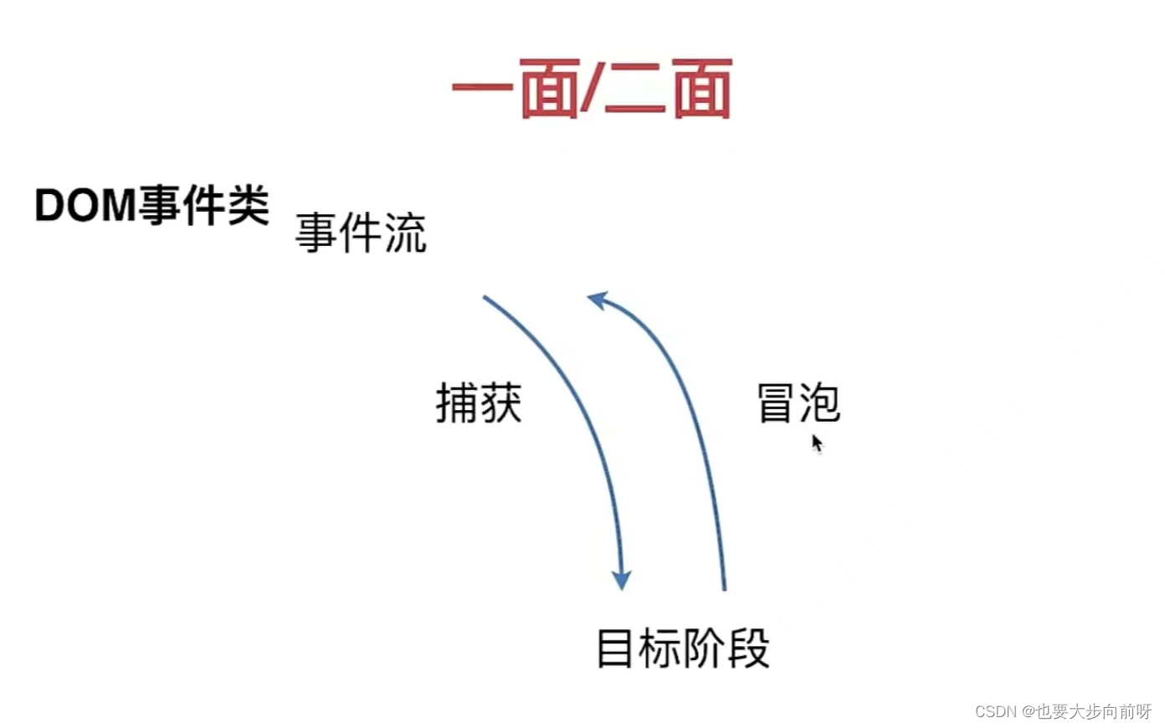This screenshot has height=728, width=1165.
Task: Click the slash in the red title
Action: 591,89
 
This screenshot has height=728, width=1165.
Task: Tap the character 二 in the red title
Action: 635,90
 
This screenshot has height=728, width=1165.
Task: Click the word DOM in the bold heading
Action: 85,205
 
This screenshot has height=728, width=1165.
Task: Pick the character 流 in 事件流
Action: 406,233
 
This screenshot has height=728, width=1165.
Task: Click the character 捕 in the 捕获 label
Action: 457,403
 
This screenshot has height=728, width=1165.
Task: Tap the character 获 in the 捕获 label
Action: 500,403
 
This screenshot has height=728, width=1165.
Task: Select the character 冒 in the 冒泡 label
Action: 775,403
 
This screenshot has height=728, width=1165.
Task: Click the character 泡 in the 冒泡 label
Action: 819,403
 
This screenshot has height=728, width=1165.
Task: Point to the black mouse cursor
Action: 817,443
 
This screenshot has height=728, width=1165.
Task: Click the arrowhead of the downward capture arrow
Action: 621,580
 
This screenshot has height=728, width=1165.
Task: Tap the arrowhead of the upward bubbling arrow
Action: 597,299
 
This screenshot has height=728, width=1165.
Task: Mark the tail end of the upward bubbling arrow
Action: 724,587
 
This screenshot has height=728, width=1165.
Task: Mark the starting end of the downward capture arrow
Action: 485,298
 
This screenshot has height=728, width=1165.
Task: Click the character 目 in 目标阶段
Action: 614,649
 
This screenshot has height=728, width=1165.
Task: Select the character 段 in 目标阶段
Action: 748,649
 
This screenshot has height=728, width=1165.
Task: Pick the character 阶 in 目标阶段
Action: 704,649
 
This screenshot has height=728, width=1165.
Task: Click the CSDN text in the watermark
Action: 995,711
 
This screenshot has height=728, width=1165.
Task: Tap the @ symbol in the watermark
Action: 1028,711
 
